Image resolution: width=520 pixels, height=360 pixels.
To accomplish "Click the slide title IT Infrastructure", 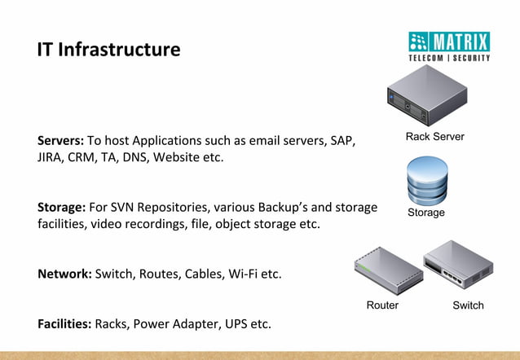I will [108, 49].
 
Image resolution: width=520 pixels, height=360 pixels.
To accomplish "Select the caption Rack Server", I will [435, 137].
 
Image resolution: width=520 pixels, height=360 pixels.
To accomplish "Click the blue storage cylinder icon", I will [426, 182].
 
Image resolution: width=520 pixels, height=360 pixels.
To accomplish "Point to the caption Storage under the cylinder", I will [426, 213].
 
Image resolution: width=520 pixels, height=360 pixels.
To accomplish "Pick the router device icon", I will [382, 270].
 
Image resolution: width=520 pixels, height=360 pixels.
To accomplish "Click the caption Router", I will [382, 305].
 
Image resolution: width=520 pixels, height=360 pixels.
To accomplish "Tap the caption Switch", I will [468, 305].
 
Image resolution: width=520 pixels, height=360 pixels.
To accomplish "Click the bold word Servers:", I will [60, 140].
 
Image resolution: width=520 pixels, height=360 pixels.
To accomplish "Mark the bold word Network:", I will [64, 274].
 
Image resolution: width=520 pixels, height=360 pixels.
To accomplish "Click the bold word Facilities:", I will [64, 324].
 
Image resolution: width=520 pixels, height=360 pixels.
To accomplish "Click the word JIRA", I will [51, 157].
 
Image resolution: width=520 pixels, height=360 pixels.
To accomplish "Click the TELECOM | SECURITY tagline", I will [449, 59].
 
